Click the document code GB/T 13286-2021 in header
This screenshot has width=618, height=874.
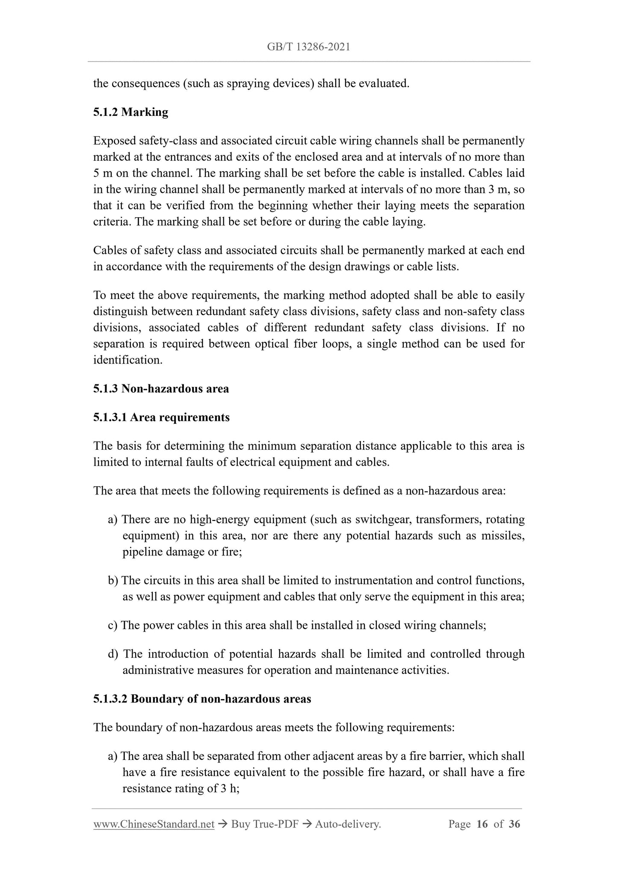click(x=308, y=47)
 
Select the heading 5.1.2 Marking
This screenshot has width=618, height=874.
click(x=130, y=112)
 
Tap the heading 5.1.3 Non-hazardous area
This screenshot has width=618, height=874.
click(x=161, y=389)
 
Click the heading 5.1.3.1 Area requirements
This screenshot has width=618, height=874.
click(x=161, y=417)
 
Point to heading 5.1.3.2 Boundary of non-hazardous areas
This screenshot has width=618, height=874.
click(x=202, y=699)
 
